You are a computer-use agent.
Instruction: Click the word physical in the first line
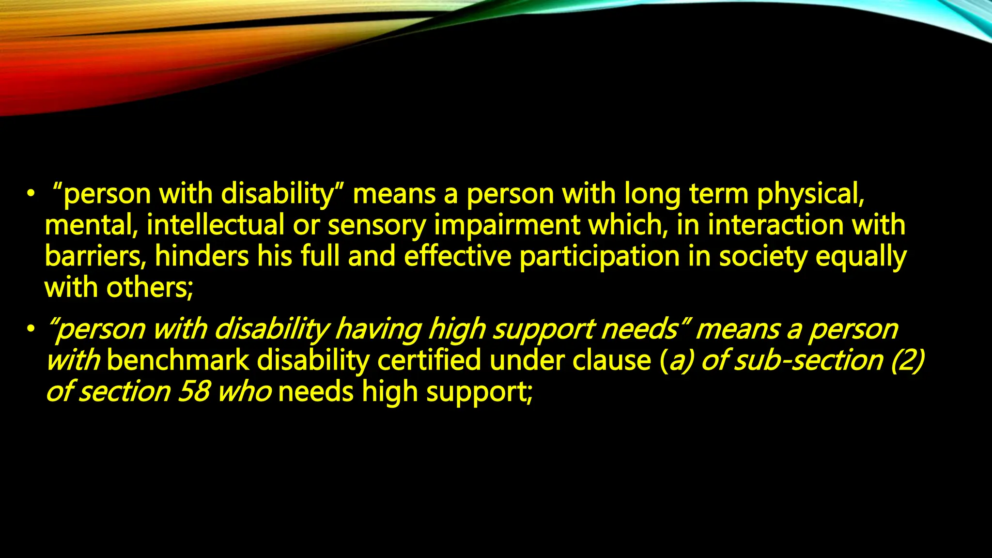point(810,194)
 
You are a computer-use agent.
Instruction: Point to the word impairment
point(507,226)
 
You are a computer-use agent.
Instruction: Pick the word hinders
point(202,256)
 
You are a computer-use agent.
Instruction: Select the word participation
point(599,257)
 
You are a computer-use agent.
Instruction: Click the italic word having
point(378,330)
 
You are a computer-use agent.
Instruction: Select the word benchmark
point(178,360)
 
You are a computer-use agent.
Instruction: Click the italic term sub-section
point(808,360)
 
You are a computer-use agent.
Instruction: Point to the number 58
point(193,391)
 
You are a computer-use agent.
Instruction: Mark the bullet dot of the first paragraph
point(31,194)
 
